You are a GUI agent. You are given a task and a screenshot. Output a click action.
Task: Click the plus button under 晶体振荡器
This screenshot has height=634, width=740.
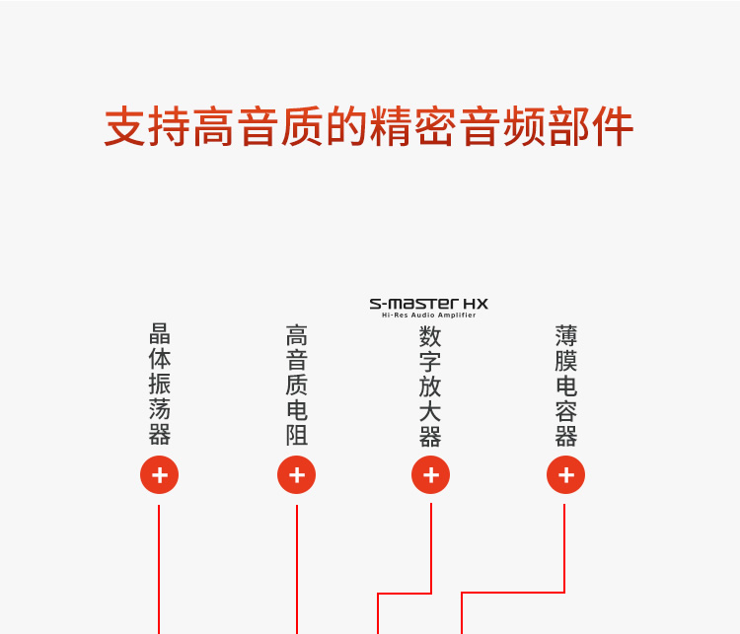(160, 475)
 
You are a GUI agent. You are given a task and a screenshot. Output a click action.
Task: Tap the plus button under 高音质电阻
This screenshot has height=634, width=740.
(296, 475)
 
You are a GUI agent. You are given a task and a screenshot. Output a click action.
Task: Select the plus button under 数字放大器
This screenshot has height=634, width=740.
(430, 475)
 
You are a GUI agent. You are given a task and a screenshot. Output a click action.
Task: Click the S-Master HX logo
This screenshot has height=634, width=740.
(428, 303)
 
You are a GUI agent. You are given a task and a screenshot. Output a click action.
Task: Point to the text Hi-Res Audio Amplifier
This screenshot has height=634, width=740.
(428, 316)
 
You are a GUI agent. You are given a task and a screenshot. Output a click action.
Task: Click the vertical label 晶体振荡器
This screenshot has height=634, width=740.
(160, 384)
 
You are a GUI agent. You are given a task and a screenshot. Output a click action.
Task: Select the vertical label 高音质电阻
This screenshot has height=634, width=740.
(296, 385)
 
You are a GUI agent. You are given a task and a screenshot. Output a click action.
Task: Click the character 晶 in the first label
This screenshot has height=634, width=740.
(160, 333)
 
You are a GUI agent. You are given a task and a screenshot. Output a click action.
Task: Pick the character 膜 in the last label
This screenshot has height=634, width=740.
(565, 361)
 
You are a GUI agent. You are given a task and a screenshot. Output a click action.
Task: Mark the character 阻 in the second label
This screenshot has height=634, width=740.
(296, 435)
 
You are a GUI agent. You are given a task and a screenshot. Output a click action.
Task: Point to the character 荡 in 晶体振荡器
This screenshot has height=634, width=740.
(160, 408)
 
